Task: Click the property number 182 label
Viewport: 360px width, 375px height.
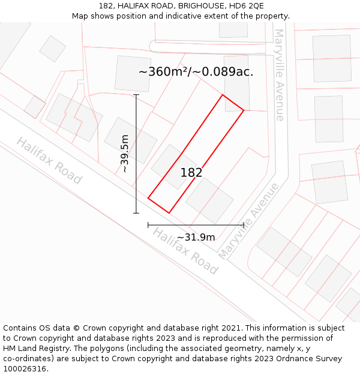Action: [x=191, y=173]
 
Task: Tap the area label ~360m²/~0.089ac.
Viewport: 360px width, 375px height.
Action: [x=196, y=72]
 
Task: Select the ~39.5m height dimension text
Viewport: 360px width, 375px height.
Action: [x=125, y=154]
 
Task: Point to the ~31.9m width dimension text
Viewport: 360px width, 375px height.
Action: [x=196, y=237]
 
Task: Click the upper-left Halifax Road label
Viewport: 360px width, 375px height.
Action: [x=49, y=160]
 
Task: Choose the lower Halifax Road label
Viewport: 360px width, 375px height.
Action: [x=185, y=251]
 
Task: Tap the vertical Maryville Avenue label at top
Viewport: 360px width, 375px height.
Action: [x=279, y=75]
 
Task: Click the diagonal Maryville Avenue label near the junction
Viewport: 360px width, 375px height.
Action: [x=248, y=221]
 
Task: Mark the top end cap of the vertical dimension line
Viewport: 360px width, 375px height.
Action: [x=136, y=95]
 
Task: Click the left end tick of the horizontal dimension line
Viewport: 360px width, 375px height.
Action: [x=148, y=225]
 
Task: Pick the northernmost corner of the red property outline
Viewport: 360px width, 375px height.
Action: [x=223, y=95]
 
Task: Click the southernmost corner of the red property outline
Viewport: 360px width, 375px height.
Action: [x=169, y=212]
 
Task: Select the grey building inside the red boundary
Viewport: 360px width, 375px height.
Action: [x=174, y=166]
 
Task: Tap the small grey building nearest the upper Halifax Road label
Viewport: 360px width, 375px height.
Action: [x=34, y=107]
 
